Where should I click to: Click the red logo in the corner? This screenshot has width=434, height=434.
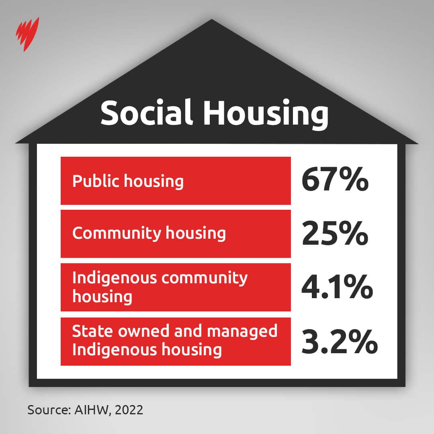point(27,34)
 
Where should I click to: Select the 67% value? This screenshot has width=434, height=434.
point(335,181)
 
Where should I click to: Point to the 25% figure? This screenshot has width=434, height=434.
point(335,234)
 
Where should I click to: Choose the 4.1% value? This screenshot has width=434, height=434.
point(337,287)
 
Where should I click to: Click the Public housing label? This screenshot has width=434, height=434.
point(128,181)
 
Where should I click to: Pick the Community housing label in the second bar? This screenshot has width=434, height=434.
point(149,233)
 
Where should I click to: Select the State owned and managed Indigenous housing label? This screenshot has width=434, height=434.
point(174,340)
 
